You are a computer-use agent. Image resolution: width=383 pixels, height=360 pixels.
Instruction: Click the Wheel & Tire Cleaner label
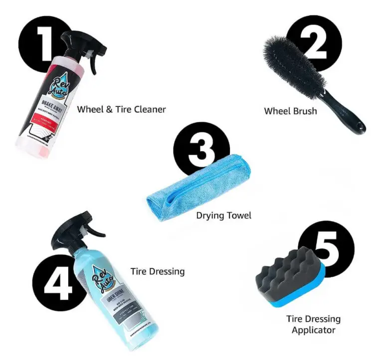pos(121,109)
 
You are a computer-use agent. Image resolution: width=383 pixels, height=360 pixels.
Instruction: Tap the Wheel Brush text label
pos(290,111)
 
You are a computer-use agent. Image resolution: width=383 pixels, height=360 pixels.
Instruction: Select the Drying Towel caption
pos(223,215)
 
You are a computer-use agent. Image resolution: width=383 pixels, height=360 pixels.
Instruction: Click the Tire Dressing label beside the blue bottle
pos(158,272)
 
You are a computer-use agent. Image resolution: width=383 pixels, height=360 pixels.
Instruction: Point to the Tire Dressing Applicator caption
pos(313,324)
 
